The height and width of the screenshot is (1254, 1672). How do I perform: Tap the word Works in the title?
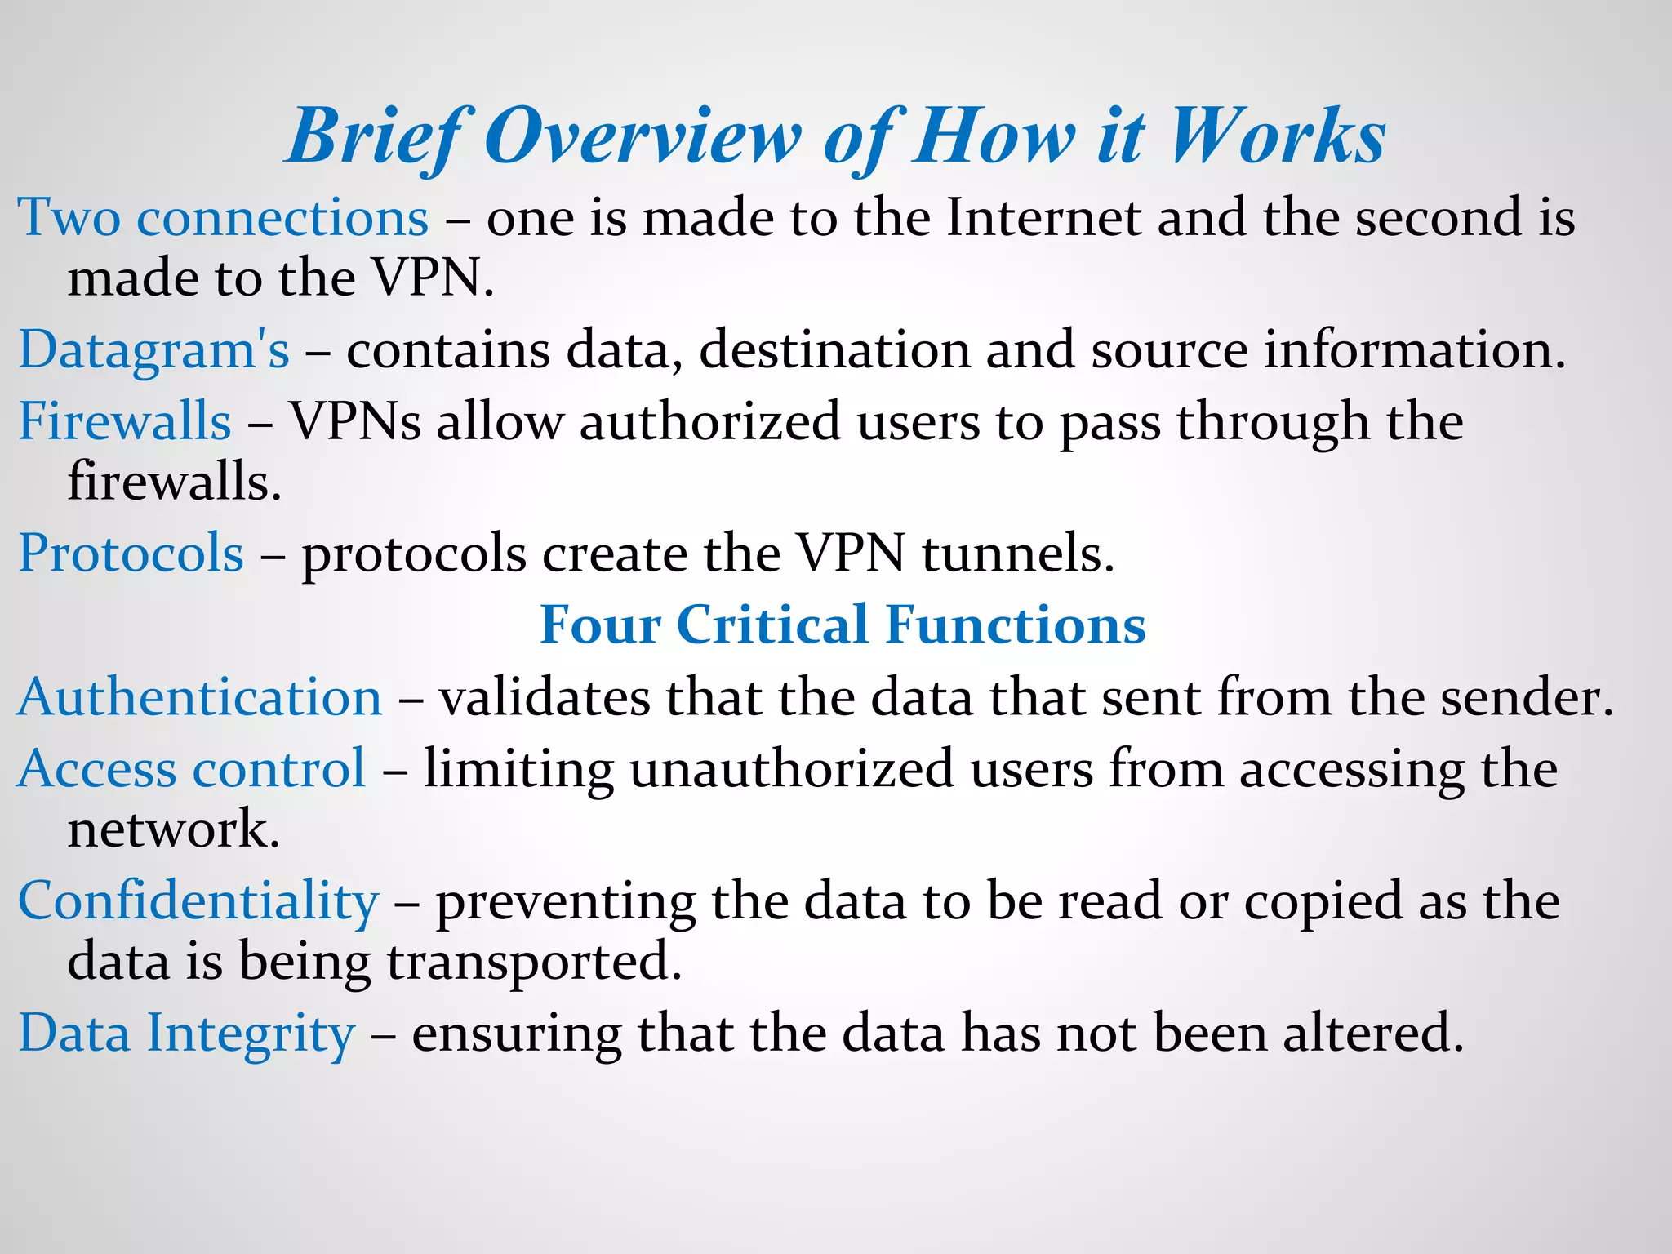[1277, 137]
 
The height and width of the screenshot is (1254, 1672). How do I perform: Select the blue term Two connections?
[223, 219]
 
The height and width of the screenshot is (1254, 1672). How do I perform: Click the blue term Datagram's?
[153, 351]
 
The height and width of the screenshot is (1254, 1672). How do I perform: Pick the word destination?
[834, 351]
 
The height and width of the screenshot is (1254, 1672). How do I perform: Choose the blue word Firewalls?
[125, 422]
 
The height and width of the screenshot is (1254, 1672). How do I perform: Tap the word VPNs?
[356, 422]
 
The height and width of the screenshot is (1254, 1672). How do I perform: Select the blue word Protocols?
[131, 554]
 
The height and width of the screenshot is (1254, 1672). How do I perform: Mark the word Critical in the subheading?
[772, 625]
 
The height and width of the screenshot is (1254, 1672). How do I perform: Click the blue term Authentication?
[200, 699]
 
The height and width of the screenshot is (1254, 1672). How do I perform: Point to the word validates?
[545, 699]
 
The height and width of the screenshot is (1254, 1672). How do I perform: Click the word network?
[173, 830]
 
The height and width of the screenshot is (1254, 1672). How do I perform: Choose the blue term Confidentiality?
[198, 903]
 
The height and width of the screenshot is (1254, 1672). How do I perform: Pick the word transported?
[534, 963]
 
